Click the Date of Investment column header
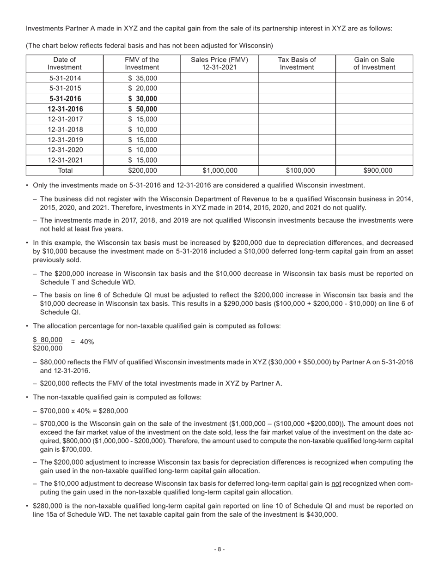point(65,63)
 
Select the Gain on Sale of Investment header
point(374,63)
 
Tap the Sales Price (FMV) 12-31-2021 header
point(219,63)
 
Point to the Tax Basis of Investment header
point(297,63)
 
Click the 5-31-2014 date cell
point(65,78)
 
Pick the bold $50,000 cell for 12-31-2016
point(143,109)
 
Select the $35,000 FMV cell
point(143,78)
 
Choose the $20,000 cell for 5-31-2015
point(143,88)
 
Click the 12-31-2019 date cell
point(65,139)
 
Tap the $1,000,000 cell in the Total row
point(219,170)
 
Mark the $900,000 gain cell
point(374,170)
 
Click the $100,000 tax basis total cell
point(297,170)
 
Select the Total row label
point(65,170)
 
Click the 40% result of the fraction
point(87,342)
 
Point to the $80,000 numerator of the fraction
point(48,339)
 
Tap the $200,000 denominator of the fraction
point(48,348)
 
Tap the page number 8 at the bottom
point(219,549)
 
